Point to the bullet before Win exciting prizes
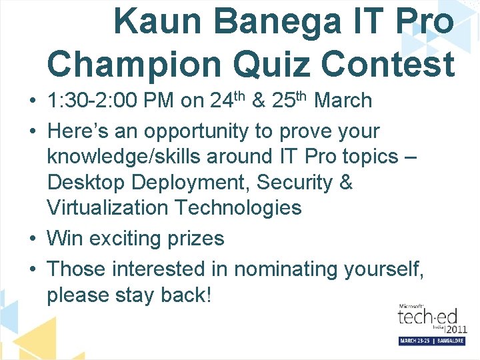[33, 239]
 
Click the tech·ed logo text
[424, 318]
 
